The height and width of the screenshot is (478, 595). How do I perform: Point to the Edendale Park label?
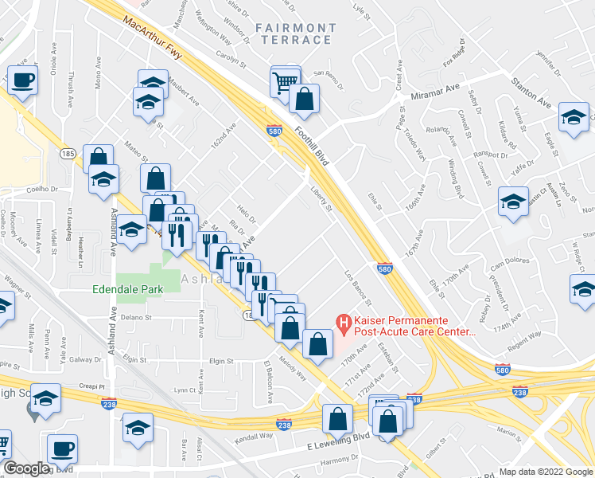(127, 290)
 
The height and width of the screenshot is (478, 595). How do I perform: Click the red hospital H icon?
(344, 323)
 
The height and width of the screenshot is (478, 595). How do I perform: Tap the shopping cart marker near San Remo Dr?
(284, 80)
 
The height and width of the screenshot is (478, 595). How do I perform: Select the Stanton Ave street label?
(532, 95)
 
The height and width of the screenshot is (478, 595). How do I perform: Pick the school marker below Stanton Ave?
(572, 118)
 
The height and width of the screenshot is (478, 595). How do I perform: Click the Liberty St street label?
(321, 197)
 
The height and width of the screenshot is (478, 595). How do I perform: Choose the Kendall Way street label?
(255, 437)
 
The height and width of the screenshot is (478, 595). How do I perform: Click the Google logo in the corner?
(26, 468)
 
